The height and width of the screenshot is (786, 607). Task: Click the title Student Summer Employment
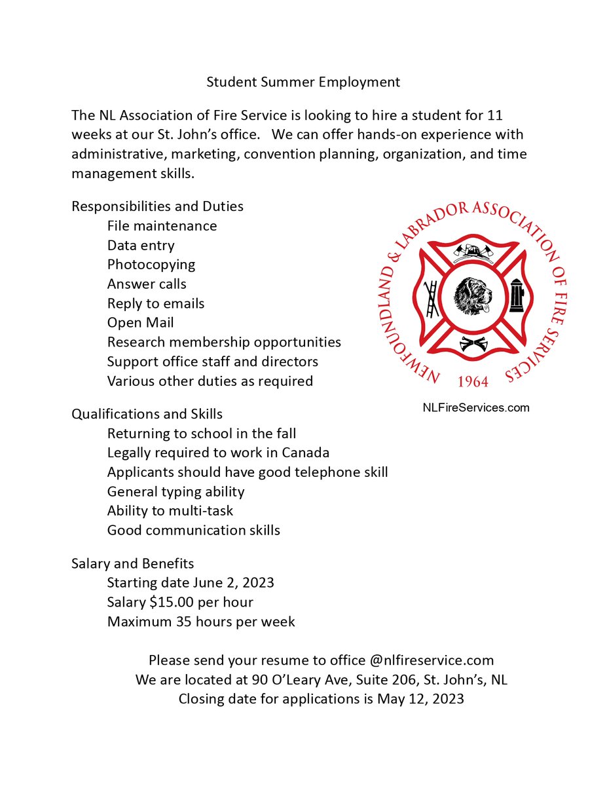coord(303,82)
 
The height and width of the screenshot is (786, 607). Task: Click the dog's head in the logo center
coord(473,296)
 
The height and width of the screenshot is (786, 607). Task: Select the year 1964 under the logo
coord(473,382)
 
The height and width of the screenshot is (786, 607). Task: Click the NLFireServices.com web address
coord(475,407)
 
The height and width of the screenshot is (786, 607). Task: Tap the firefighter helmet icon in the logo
coord(474,253)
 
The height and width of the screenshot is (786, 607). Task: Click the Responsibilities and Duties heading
coord(157,206)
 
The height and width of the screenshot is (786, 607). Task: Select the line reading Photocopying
coord(151,265)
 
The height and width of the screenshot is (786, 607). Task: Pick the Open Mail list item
coord(140,323)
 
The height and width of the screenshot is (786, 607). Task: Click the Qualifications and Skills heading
coord(147,414)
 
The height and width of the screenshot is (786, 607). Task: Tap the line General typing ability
coord(175,491)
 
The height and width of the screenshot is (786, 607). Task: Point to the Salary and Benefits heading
coord(132,563)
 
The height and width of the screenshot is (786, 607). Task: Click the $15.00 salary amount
coord(177,602)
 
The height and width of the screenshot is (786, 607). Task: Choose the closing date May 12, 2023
coord(420,699)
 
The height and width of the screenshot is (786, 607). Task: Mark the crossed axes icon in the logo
coord(473,343)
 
